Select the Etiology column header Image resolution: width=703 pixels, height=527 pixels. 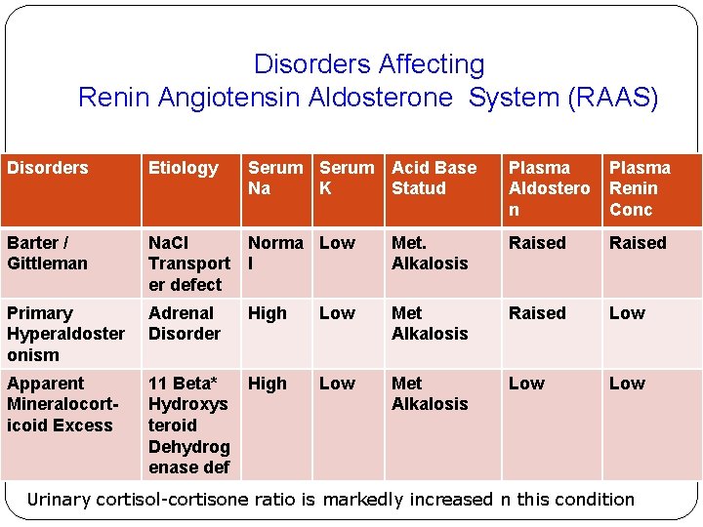[183, 168]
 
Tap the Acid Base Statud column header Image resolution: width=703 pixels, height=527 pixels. [434, 178]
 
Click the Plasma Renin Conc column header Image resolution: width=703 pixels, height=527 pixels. [640, 188]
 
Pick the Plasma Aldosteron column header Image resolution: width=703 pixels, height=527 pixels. [549, 188]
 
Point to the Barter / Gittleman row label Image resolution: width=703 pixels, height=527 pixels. [47, 253]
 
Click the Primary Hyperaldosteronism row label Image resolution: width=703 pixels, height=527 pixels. [65, 334]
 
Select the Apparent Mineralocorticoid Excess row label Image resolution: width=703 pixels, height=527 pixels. [60, 404]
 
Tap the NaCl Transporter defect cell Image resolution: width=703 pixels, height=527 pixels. [188, 263]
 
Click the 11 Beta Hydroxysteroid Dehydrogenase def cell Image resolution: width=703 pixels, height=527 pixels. [188, 425]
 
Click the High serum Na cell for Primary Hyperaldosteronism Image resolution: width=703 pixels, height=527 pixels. [268, 313]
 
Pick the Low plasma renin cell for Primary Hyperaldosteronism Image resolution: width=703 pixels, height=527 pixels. [627, 313]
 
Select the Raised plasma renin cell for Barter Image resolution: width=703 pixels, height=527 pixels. [638, 243]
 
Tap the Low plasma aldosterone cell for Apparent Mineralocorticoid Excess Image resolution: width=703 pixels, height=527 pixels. [526, 384]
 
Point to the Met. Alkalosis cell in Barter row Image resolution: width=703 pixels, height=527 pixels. [430, 253]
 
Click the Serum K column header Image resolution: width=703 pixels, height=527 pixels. [347, 178]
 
